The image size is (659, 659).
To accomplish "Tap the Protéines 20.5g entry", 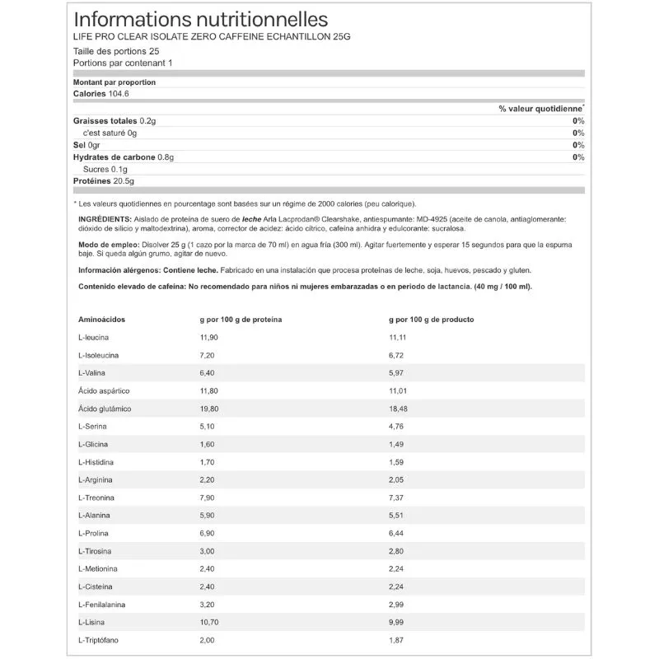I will (104, 181).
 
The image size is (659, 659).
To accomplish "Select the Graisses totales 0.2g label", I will (115, 120).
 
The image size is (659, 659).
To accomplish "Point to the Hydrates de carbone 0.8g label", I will (124, 157).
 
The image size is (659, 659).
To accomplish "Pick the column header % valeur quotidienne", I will (540, 108).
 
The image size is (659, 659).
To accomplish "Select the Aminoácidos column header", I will (102, 318).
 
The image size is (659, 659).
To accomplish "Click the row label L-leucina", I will (94, 338).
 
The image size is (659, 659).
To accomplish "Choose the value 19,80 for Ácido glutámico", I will (202, 409).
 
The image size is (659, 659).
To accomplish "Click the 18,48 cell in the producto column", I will (400, 409).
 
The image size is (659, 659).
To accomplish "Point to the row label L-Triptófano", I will (100, 640).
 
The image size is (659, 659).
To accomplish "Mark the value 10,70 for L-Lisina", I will (202, 623).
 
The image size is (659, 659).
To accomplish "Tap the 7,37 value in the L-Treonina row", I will (398, 498).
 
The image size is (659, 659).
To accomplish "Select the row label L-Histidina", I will (96, 462).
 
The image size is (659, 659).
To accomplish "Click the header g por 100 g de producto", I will (431, 318).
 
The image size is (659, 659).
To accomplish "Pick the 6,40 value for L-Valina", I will (199, 373).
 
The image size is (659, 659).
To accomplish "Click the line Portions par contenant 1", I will (123, 63).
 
